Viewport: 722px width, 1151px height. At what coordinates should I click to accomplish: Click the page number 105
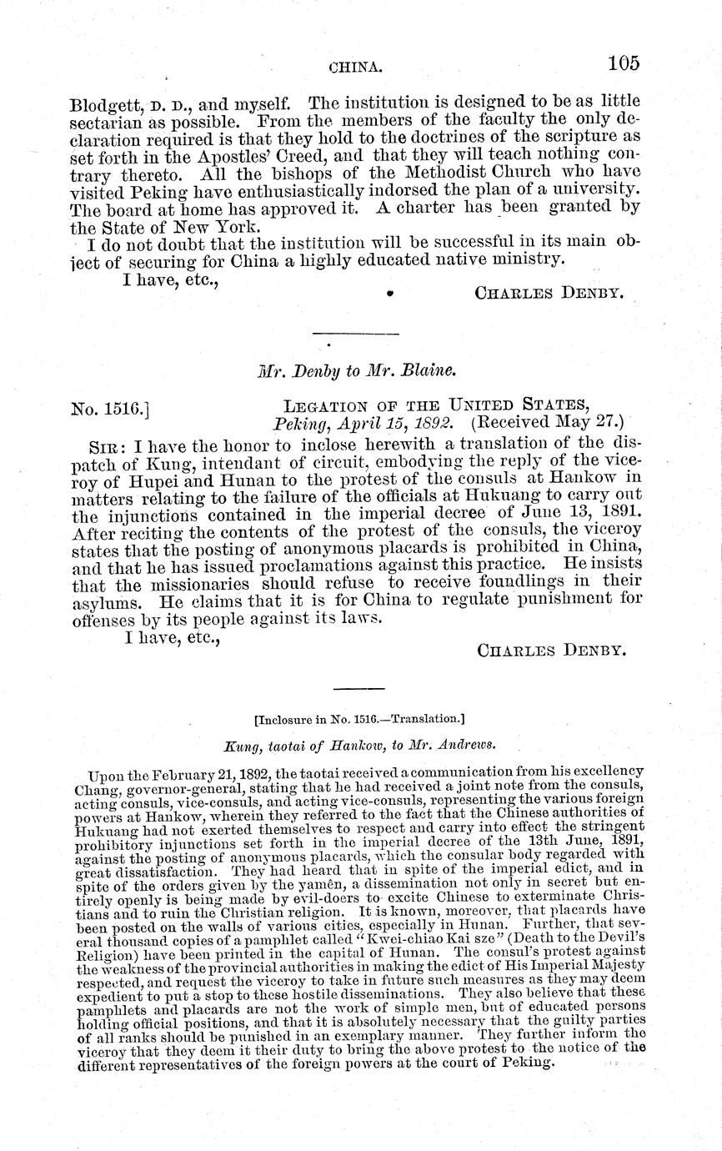[x=623, y=63]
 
